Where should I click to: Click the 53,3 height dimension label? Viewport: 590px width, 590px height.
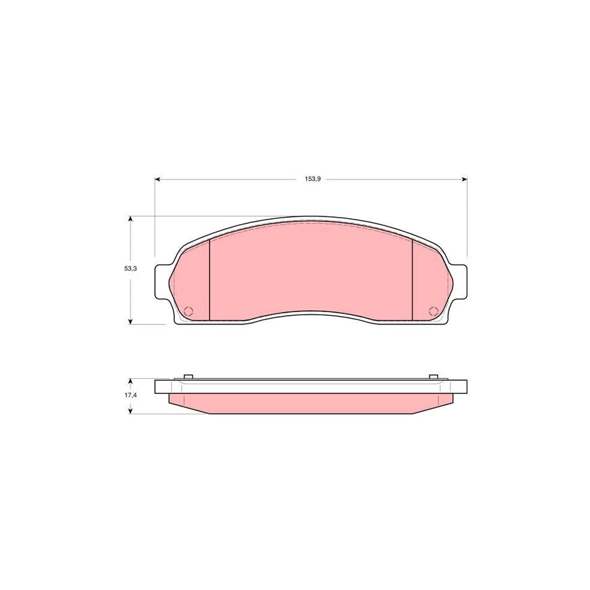(131, 269)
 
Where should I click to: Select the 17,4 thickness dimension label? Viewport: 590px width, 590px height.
(131, 396)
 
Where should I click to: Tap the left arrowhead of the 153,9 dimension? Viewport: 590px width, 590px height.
(157, 178)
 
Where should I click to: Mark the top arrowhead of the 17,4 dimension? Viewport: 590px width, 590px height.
(131, 381)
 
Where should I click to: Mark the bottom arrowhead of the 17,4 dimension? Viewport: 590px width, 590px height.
(131, 410)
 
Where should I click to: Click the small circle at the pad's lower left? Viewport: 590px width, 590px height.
(188, 311)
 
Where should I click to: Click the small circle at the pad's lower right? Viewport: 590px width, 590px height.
(433, 311)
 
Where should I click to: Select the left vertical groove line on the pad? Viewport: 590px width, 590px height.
(208, 280)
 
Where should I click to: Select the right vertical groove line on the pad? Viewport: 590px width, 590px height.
(412, 280)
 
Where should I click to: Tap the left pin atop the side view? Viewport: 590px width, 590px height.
(188, 376)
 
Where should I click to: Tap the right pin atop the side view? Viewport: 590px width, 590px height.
(433, 376)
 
